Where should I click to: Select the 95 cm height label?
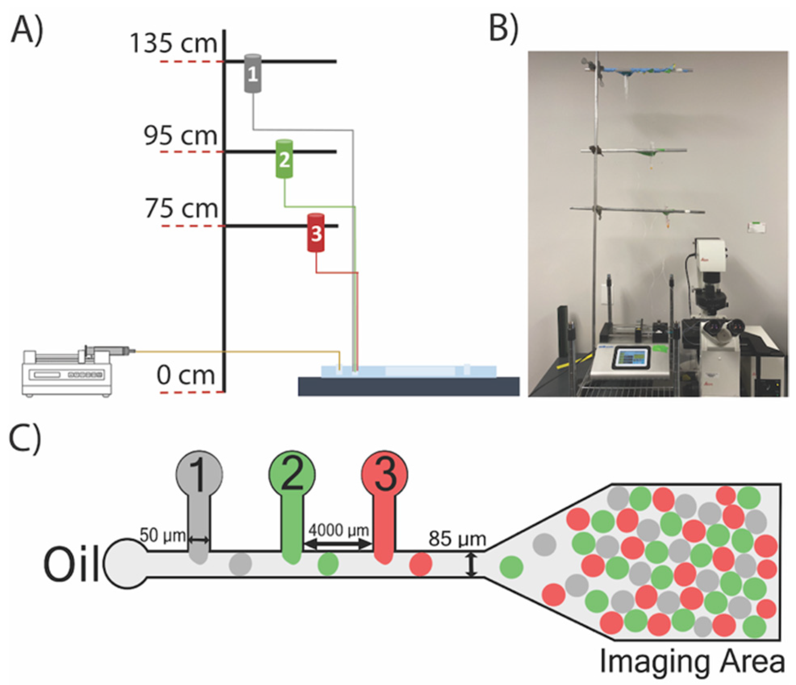pyautogui.click(x=181, y=135)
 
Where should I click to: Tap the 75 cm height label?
pyautogui.click(x=181, y=209)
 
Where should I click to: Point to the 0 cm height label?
pyautogui.click(x=185, y=376)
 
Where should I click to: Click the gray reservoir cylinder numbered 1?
pyautogui.click(x=253, y=74)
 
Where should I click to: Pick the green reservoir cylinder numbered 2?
pyautogui.click(x=284, y=159)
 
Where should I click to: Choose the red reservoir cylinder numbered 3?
pyautogui.click(x=316, y=233)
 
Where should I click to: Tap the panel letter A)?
pyautogui.click(x=27, y=30)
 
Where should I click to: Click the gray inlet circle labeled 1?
pyautogui.click(x=200, y=474)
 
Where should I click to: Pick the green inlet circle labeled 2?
pyautogui.click(x=292, y=474)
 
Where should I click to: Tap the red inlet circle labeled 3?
pyautogui.click(x=384, y=474)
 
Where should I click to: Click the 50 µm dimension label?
pyautogui.click(x=163, y=536)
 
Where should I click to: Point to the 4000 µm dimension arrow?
pyautogui.click(x=338, y=544)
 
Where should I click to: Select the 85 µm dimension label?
pyautogui.click(x=457, y=539)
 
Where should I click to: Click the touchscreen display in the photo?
pyautogui.click(x=631, y=358)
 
